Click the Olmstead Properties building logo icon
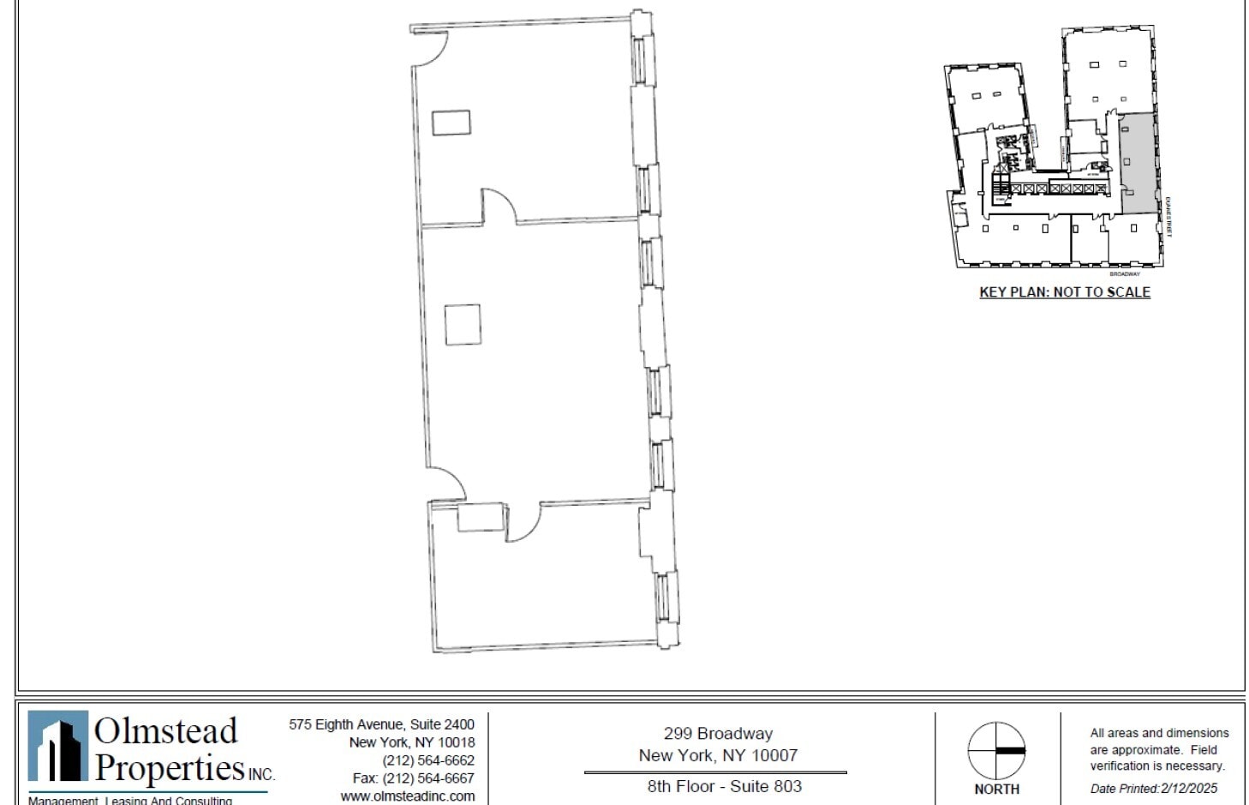(57, 746)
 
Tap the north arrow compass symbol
(996, 751)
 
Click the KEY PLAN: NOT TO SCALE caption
(1064, 292)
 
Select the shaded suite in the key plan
(1138, 164)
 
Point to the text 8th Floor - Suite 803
(724, 786)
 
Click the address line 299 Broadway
(718, 734)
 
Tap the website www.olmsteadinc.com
(407, 796)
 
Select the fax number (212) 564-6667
(413, 778)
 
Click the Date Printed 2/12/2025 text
(1153, 789)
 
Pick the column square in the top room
(451, 123)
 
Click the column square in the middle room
(463, 325)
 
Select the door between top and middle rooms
(498, 207)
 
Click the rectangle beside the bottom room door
(480, 518)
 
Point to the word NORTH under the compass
(996, 789)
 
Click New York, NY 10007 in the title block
(718, 755)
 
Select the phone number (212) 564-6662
(427, 760)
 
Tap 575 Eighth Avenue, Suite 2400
(381, 724)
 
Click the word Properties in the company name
(170, 767)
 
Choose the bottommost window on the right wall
(663, 598)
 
